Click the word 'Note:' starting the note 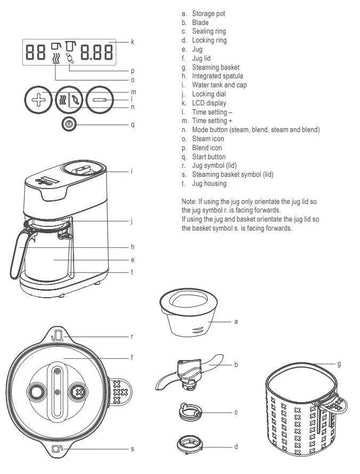coord(190,203)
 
